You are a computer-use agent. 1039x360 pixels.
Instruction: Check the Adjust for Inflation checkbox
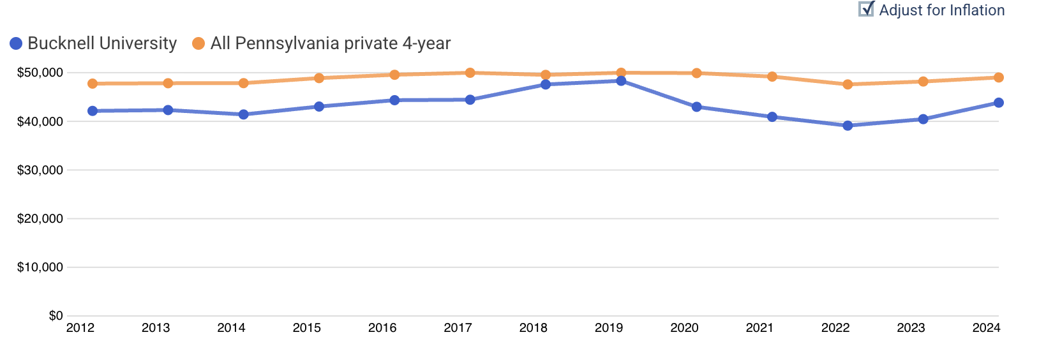[x=866, y=10]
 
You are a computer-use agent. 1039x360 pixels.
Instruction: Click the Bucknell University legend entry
[x=93, y=43]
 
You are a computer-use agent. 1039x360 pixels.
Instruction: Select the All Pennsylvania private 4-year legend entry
[x=322, y=43]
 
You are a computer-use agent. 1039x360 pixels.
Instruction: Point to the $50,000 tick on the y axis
[x=40, y=73]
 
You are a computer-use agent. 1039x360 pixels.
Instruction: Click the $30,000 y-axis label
[x=40, y=170]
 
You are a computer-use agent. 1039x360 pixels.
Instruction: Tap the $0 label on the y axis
[x=56, y=316]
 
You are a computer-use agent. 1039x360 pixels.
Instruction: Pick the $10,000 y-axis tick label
[x=40, y=267]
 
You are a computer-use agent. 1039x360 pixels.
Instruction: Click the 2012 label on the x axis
[x=80, y=328]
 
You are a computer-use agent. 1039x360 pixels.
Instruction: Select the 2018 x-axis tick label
[x=534, y=328]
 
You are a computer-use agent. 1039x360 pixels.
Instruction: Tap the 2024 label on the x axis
[x=986, y=328]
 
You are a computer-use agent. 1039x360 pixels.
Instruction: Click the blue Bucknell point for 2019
[x=621, y=80]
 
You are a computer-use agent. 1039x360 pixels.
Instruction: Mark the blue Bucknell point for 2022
[x=848, y=126]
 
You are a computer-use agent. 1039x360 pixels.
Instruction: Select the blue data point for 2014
[x=243, y=114]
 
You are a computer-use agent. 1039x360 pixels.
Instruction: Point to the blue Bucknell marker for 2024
[x=999, y=103]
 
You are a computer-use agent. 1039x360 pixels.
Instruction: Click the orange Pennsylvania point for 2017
[x=470, y=73]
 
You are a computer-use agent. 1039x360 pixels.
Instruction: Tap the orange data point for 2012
[x=93, y=84]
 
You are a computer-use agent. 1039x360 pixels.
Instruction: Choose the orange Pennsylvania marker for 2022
[x=848, y=84]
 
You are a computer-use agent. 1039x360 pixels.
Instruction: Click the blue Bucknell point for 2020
[x=696, y=107]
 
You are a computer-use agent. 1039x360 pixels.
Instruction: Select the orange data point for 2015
[x=319, y=78]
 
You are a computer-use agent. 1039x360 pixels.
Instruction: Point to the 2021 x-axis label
[x=759, y=328]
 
